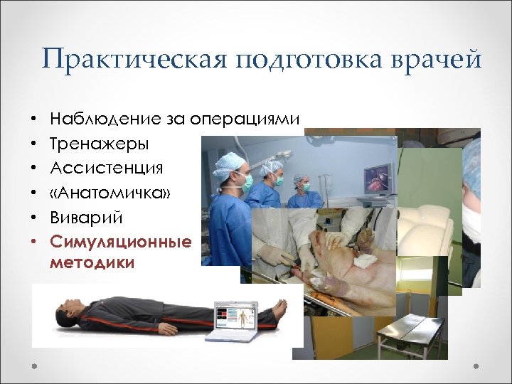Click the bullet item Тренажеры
(x=99, y=144)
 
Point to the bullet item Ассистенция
(x=106, y=169)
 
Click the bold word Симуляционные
(x=120, y=242)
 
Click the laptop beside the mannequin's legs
(x=238, y=319)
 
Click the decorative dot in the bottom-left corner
(x=34, y=366)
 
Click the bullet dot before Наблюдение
(x=33, y=119)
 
